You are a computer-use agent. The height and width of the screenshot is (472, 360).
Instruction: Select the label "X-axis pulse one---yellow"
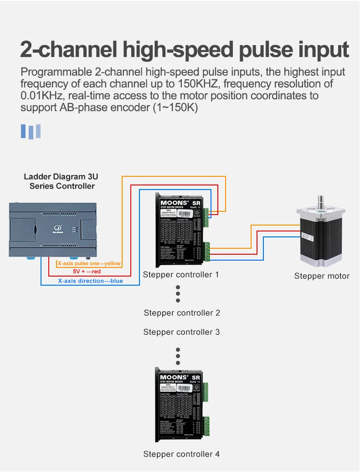click(x=89, y=264)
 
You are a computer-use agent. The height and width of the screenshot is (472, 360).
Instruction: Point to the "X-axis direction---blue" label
click(x=90, y=281)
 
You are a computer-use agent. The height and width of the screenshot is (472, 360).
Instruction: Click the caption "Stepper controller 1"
click(x=181, y=275)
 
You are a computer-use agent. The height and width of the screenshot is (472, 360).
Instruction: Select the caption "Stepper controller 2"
click(x=182, y=313)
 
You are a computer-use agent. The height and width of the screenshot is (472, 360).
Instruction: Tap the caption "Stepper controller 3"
click(x=181, y=332)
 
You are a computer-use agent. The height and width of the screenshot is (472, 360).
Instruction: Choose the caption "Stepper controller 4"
click(x=181, y=454)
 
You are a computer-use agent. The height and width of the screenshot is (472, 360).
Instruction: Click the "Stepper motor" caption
click(x=322, y=276)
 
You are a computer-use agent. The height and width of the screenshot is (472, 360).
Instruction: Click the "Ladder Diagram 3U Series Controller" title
click(x=61, y=181)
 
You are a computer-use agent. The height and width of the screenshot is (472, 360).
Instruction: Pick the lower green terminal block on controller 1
click(x=207, y=251)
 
